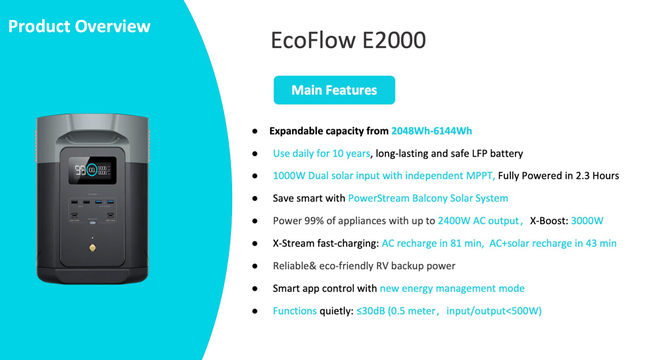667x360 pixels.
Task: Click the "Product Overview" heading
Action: [79, 27]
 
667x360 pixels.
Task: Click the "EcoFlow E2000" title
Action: [348, 41]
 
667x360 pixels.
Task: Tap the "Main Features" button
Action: [334, 90]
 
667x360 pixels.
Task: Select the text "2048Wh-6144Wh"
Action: [432, 131]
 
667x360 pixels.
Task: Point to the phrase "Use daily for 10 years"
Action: [321, 153]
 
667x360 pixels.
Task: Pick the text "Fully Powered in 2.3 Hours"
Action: [559, 176]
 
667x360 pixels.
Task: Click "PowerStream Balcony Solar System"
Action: [428, 198]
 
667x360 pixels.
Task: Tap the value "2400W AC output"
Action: [478, 221]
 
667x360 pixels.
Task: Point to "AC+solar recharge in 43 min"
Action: [554, 243]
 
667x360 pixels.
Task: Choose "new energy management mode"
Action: [452, 289]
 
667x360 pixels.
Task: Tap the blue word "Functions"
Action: [295, 311]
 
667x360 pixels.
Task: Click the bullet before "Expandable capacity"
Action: [255, 131]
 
